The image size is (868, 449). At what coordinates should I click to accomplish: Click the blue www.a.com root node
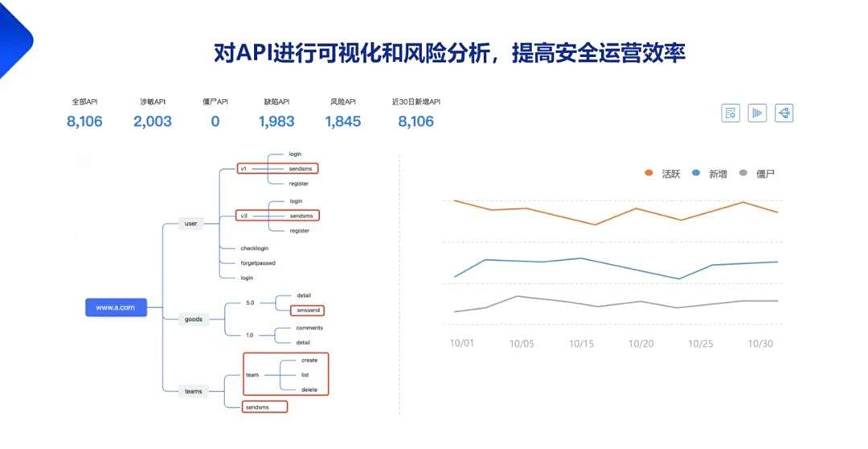(116, 307)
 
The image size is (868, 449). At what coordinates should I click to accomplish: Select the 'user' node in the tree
(191, 224)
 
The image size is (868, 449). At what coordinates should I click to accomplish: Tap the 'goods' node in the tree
(193, 319)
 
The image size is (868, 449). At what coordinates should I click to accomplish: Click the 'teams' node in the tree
(193, 391)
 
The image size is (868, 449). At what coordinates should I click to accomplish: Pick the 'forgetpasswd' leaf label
(258, 263)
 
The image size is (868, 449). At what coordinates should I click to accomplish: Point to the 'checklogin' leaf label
(255, 249)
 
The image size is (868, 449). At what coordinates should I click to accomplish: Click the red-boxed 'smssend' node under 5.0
(307, 311)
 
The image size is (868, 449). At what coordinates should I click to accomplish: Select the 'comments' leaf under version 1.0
(309, 328)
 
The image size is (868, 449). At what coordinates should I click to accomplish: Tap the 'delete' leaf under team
(309, 389)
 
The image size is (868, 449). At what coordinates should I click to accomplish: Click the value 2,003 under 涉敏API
(152, 122)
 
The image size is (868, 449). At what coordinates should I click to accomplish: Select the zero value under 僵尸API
(215, 122)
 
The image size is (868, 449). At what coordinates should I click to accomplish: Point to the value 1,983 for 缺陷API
(276, 122)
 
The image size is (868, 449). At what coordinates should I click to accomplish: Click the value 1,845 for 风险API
(342, 122)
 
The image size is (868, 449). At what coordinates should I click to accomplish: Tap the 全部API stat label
(84, 102)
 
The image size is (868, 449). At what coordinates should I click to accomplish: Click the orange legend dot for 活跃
(649, 173)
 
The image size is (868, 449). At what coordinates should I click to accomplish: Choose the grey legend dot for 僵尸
(743, 173)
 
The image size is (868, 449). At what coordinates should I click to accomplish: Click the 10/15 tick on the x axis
(581, 344)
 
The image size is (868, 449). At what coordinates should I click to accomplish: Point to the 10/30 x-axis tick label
(760, 344)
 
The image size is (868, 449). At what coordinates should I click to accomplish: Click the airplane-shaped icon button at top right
(784, 113)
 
